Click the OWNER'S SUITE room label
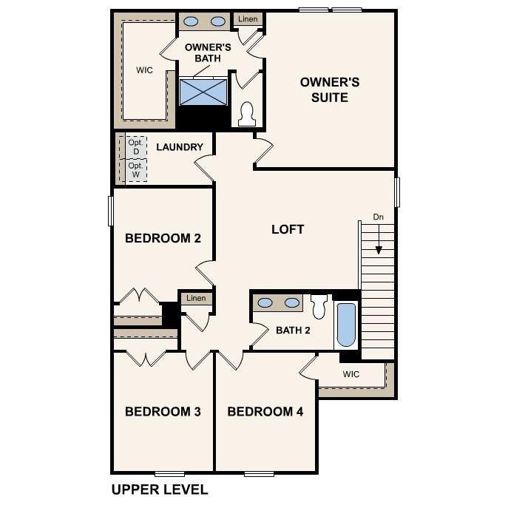pyautogui.click(x=329, y=89)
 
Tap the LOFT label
pyautogui.click(x=288, y=229)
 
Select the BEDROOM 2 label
pyautogui.click(x=163, y=238)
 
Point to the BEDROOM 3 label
pyautogui.click(x=163, y=412)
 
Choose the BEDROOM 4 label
pyautogui.click(x=265, y=412)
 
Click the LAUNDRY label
pyautogui.click(x=179, y=147)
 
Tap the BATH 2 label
pyautogui.click(x=293, y=330)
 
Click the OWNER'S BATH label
pyautogui.click(x=208, y=53)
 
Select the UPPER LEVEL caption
pyautogui.click(x=160, y=490)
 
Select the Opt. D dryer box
pyautogui.click(x=135, y=147)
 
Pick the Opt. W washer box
pyautogui.click(x=135, y=171)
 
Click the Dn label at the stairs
pyautogui.click(x=378, y=217)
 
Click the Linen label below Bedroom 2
pyautogui.click(x=196, y=298)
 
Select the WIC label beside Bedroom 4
pyautogui.click(x=351, y=374)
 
